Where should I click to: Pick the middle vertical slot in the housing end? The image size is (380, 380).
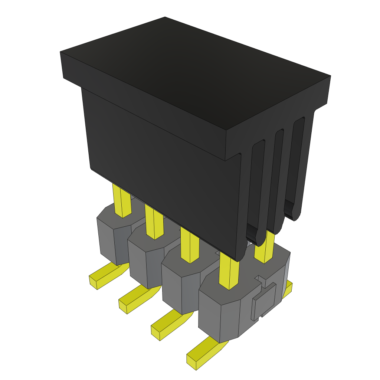278,174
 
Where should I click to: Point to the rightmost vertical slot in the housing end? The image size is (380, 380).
297,163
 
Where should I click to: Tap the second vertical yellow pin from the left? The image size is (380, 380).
154,223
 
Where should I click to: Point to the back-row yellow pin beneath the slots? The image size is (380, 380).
264,249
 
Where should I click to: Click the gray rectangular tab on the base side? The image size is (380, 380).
264,301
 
